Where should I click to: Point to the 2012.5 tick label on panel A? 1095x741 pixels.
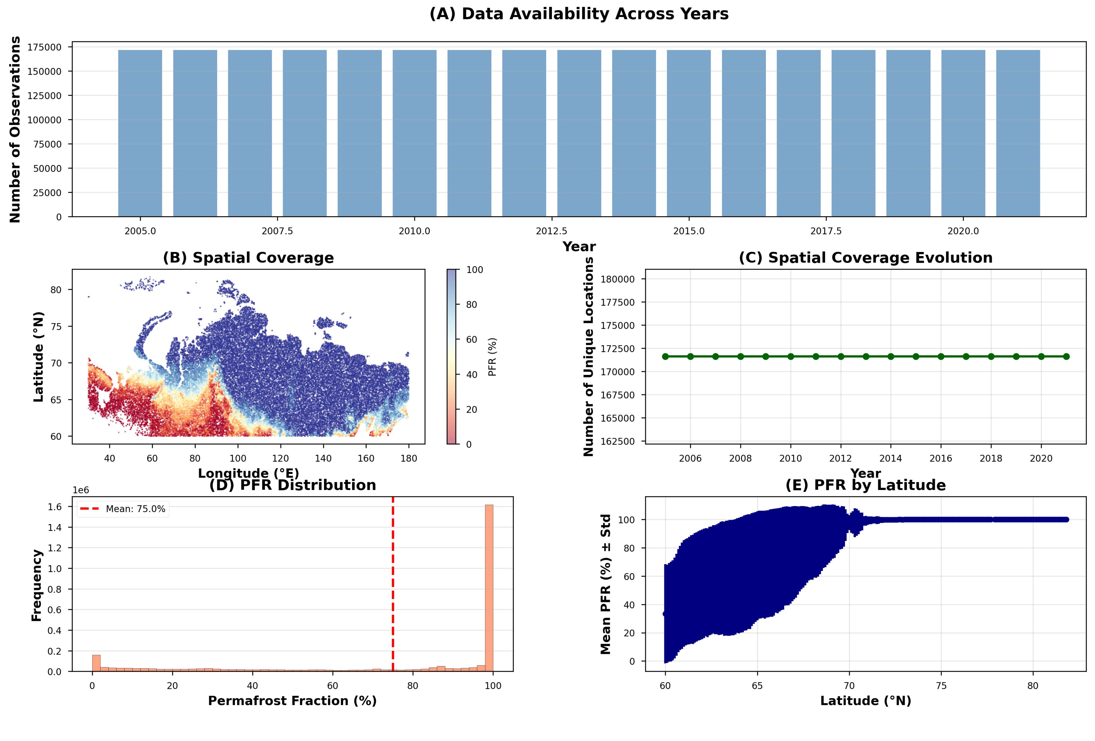pos(551,231)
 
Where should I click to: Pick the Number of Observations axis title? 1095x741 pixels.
pos(15,129)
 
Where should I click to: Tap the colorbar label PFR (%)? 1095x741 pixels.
pos(492,357)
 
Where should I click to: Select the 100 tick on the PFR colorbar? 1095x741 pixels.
pos(474,270)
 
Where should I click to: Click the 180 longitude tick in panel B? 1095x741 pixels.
pos(408,458)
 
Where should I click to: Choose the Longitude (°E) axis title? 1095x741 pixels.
pos(248,473)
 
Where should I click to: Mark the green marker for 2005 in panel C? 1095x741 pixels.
pos(665,357)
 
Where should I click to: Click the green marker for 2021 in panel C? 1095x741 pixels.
pos(1066,357)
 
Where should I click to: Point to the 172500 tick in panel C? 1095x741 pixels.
pos(617,349)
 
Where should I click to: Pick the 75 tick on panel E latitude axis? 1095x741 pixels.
pos(941,686)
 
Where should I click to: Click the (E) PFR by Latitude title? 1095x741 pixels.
pos(865,485)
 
